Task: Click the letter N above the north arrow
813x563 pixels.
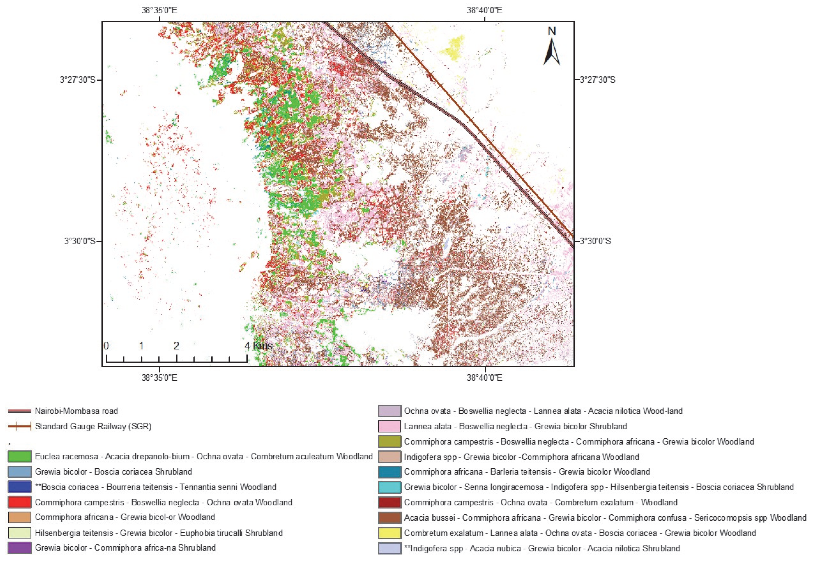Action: (x=552, y=31)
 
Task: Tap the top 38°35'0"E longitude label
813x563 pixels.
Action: (x=159, y=10)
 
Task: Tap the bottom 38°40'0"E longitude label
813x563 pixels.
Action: (x=484, y=378)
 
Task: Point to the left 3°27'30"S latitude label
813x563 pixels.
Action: (x=78, y=80)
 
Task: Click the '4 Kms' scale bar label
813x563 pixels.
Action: (x=259, y=346)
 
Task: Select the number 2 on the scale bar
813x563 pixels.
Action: (x=176, y=346)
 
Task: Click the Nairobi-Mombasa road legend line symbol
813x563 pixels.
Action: (x=19, y=411)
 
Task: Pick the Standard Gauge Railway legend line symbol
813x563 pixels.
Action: (x=19, y=426)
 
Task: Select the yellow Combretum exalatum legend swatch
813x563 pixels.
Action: (x=389, y=533)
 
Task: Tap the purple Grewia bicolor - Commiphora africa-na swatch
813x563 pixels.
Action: (x=19, y=548)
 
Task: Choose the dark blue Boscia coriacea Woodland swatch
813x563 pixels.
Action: (x=19, y=487)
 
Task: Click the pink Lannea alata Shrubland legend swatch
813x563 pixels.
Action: (x=389, y=426)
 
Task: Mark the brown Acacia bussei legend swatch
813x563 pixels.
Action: (x=389, y=518)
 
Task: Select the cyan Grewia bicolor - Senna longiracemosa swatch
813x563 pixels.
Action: (x=389, y=487)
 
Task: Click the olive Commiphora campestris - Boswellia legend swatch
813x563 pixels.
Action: (x=389, y=442)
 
